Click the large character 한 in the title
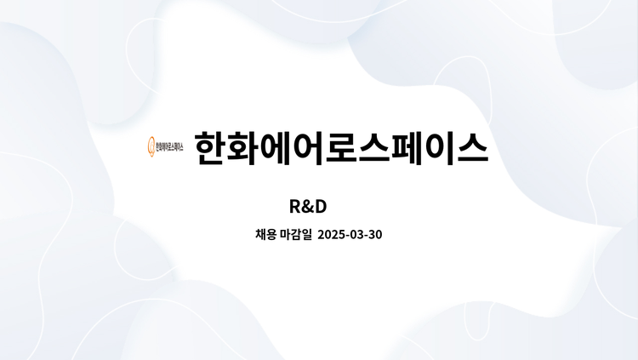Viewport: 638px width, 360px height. tap(210, 148)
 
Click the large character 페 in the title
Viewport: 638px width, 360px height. tap(407, 148)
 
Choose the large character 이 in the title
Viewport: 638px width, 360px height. tap(440, 148)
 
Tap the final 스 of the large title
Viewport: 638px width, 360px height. tap(472, 148)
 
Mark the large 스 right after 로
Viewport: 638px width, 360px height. tap(374, 148)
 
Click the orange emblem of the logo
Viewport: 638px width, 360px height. tap(151, 146)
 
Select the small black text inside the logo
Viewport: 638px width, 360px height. tap(169, 147)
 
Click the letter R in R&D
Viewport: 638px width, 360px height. tap(295, 207)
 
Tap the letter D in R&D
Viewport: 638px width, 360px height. tap(321, 207)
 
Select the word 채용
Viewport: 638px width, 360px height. tap(266, 235)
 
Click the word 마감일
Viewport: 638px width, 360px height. tap(296, 235)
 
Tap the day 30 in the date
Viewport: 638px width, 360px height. tap(375, 235)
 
